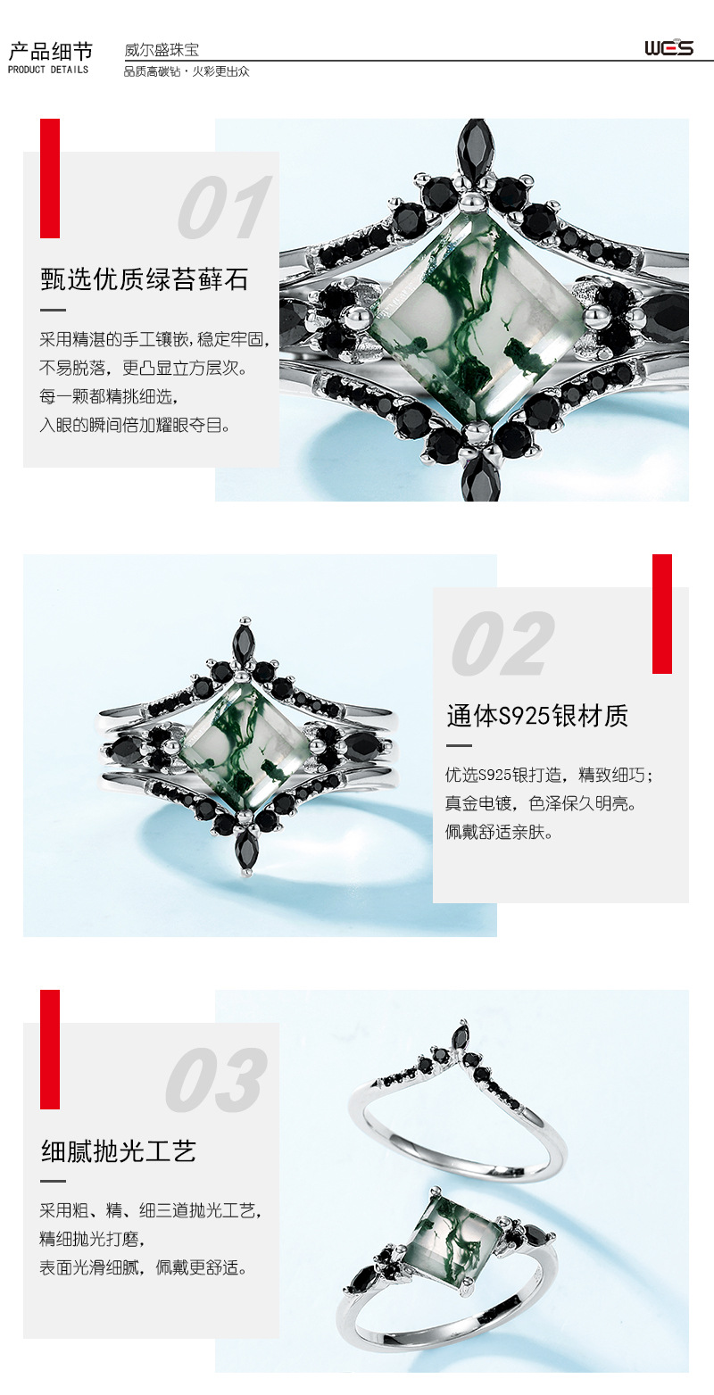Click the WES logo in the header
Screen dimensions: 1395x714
click(668, 47)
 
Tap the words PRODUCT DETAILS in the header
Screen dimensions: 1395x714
click(48, 70)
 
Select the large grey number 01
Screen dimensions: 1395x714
click(222, 208)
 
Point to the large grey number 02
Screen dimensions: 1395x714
click(502, 644)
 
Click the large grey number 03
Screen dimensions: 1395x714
click(215, 1080)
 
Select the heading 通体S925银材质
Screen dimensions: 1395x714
click(537, 715)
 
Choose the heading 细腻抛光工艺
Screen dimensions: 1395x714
click(119, 1150)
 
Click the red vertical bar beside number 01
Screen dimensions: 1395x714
click(50, 179)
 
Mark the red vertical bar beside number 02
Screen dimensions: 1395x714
click(661, 613)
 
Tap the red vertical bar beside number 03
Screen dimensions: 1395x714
click(50, 1049)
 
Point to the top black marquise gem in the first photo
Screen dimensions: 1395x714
click(475, 145)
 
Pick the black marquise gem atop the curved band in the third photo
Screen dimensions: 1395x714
click(461, 1038)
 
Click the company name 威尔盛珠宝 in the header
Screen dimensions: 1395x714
click(162, 50)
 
